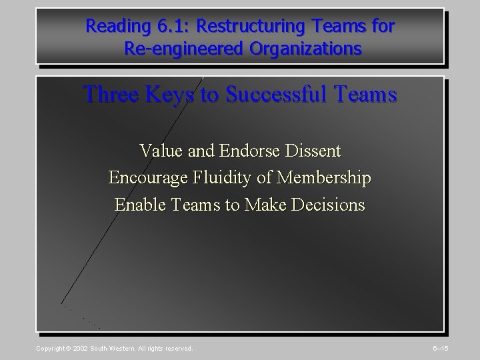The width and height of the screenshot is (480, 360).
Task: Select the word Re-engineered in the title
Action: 174,49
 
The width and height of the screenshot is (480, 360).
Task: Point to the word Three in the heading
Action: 106,94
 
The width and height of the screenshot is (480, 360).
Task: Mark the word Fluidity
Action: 217,178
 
